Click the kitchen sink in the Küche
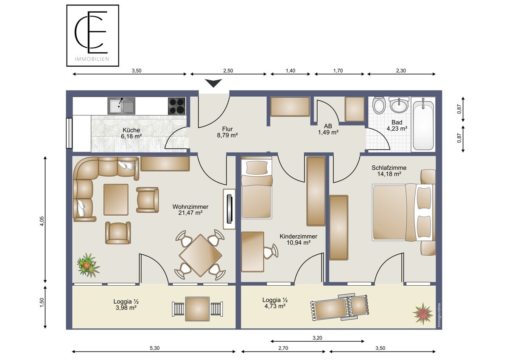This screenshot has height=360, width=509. pyautogui.click(x=121, y=106)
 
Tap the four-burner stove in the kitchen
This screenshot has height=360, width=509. pyautogui.click(x=176, y=106)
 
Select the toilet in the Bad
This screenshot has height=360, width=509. pyautogui.click(x=379, y=105)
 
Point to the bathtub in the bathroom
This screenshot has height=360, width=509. pyautogui.click(x=423, y=124)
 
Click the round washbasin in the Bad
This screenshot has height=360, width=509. pyautogui.click(x=398, y=105)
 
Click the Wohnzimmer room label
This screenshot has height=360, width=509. pyautogui.click(x=190, y=207)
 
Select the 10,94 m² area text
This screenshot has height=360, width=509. pyautogui.click(x=299, y=243)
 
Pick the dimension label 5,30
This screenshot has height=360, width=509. pyautogui.click(x=154, y=348)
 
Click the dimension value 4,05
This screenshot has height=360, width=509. pyautogui.click(x=42, y=221)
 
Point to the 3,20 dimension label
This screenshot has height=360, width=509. pyautogui.click(x=317, y=338)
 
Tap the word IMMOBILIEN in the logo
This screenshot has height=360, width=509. pyautogui.click(x=92, y=59)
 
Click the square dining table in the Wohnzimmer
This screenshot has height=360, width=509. pyautogui.click(x=200, y=256)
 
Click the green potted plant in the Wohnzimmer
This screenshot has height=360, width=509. pyautogui.click(x=88, y=266)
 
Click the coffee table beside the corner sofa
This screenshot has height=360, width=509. pyautogui.click(x=116, y=200)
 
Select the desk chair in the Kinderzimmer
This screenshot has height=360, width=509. pyautogui.click(x=271, y=251)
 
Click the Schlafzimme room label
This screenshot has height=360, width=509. pyautogui.click(x=389, y=168)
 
